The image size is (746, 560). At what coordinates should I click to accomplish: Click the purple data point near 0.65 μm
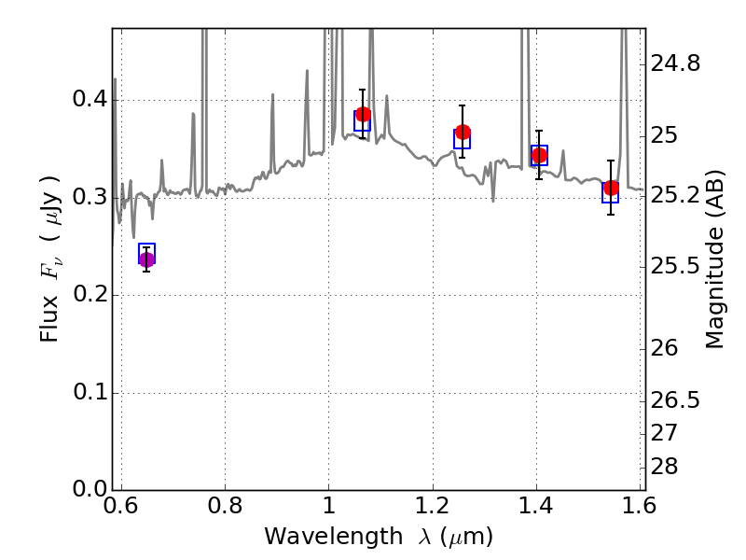[x=146, y=260]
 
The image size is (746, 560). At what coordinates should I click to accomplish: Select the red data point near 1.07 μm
[x=363, y=114]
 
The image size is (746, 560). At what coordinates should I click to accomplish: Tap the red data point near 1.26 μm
[x=463, y=132]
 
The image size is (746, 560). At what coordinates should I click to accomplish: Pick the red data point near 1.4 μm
[x=539, y=155]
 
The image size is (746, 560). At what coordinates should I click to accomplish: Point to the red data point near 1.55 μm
[x=611, y=189]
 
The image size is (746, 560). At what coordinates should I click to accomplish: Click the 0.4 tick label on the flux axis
[x=90, y=100]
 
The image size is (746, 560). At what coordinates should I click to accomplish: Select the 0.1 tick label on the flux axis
[x=90, y=392]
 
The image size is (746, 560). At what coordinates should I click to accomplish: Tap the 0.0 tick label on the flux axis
[x=90, y=489]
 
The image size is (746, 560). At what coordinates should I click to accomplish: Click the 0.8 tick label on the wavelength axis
[x=225, y=505]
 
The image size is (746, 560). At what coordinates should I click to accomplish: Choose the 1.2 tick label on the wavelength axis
[x=433, y=505]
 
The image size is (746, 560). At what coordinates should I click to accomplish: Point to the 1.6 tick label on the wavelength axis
[x=640, y=505]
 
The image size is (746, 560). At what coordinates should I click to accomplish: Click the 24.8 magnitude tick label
[x=675, y=63]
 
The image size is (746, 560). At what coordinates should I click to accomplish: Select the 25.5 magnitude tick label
[x=675, y=266]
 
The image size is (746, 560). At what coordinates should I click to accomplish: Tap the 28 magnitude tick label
[x=664, y=467]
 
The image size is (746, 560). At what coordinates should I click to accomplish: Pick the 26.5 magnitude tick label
[x=675, y=400]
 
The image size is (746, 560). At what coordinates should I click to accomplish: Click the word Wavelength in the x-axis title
[x=334, y=537]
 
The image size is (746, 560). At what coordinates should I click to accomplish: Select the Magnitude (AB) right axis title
[x=714, y=259]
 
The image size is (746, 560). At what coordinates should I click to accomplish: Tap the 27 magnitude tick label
[x=664, y=433]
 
